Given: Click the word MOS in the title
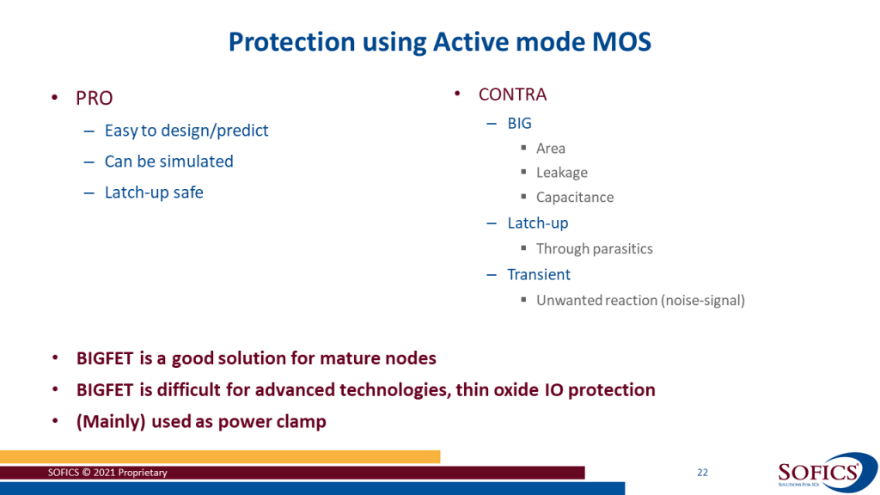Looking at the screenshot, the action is tap(622, 41).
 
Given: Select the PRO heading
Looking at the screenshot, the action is tap(95, 98).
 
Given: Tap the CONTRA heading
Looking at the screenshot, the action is tap(512, 95).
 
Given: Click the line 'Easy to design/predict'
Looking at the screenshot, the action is tap(186, 131).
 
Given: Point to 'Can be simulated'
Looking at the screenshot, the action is tap(169, 161).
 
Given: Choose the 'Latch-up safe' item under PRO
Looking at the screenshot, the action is tap(154, 192).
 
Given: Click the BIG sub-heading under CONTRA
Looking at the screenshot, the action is tap(519, 123).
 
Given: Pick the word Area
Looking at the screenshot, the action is tap(551, 148).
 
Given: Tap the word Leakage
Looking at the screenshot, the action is tap(562, 172).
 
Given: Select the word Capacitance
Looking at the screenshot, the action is tap(575, 197).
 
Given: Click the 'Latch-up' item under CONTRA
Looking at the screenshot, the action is tap(538, 223).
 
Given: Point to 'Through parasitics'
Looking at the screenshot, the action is tap(595, 248).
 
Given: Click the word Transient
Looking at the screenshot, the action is tap(539, 274).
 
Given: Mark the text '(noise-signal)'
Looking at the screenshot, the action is tap(703, 300).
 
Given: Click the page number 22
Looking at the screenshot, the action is tap(702, 473).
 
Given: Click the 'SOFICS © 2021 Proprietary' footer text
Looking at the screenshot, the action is tap(107, 473).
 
